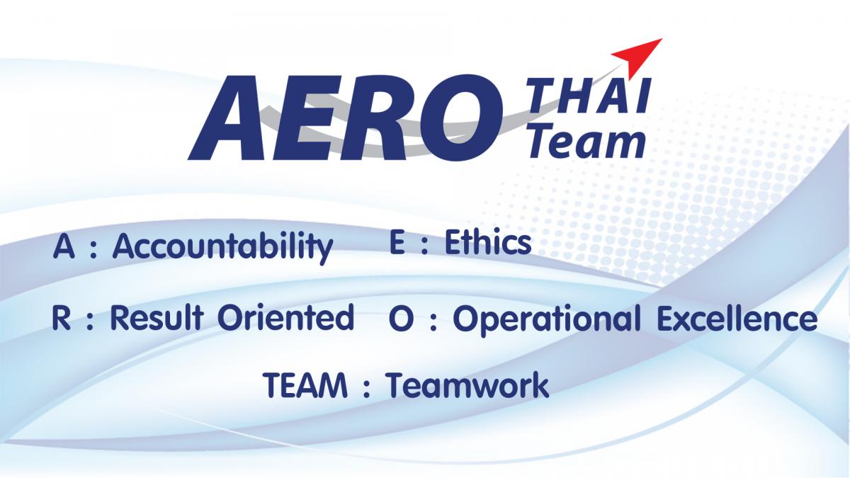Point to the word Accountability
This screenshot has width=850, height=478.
point(222,246)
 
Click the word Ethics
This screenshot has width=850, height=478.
point(487,243)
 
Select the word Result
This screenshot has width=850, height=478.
point(157,317)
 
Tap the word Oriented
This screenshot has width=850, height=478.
point(285,317)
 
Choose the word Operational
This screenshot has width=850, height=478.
point(544,320)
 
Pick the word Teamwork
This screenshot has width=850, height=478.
point(467,385)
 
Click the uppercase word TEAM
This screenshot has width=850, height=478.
point(305,385)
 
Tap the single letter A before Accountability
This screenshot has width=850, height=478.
point(63,246)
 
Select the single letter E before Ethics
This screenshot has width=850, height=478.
point(397,243)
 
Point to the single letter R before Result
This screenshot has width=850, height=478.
point(61,317)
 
